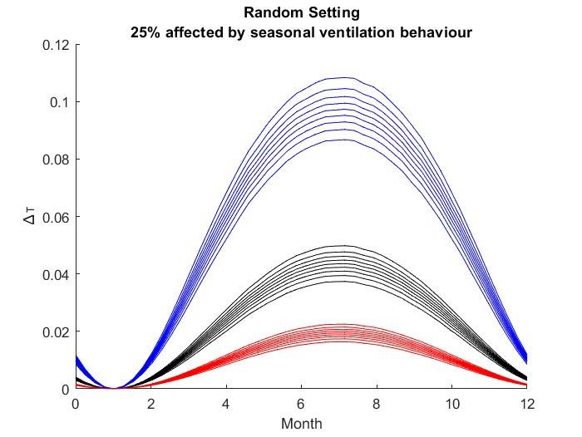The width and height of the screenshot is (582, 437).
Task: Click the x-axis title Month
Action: coord(301,424)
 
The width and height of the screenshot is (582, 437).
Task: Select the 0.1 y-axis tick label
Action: coord(58,102)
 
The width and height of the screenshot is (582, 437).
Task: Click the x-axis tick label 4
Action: coord(226,405)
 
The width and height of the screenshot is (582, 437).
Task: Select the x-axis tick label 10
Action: coord(451,405)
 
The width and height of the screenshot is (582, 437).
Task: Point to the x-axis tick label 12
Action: coord(526,405)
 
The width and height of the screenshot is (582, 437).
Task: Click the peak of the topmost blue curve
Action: coord(345,77)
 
